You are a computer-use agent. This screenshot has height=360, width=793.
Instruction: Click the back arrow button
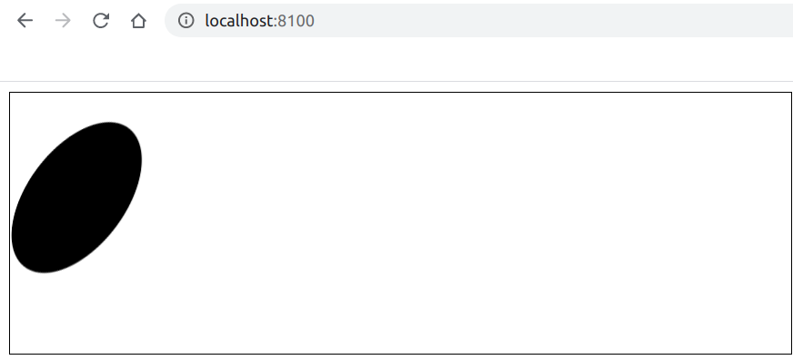click(x=25, y=21)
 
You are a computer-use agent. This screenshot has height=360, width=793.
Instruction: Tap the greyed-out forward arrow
click(x=63, y=21)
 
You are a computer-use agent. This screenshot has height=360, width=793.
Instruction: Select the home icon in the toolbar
click(x=138, y=21)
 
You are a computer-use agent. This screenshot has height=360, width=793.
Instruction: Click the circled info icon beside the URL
click(x=186, y=21)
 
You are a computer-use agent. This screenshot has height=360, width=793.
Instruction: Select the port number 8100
click(x=296, y=21)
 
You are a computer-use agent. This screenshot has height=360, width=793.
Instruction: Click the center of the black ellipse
click(x=76, y=197)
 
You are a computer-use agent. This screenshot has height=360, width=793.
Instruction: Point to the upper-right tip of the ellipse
click(x=135, y=129)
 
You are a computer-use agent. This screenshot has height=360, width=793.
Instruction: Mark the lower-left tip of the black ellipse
click(x=20, y=264)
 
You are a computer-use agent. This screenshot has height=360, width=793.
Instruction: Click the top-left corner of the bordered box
click(x=10, y=93)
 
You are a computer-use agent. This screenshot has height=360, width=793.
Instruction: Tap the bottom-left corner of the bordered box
click(x=10, y=353)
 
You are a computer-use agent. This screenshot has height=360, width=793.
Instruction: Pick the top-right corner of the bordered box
click(x=791, y=93)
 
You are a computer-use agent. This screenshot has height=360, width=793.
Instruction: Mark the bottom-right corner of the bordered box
click(x=791, y=353)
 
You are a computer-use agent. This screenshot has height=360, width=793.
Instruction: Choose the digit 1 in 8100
click(x=292, y=21)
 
